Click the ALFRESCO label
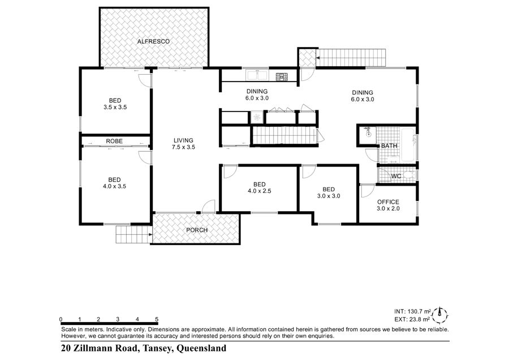click(153, 41)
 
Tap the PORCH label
click(197, 230)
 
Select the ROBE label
click(114, 141)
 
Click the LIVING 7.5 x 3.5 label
click(183, 144)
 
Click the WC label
click(396, 176)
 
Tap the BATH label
click(389, 146)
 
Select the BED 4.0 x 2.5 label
click(260, 187)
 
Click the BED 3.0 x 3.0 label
click(329, 192)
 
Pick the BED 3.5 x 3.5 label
click(115, 104)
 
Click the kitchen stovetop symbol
click(282, 76)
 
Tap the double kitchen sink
click(257, 75)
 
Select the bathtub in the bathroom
click(409, 145)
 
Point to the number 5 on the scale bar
click(157, 319)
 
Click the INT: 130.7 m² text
click(413, 311)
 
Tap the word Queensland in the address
click(201, 348)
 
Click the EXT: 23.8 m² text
click(412, 319)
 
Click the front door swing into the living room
click(208, 206)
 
